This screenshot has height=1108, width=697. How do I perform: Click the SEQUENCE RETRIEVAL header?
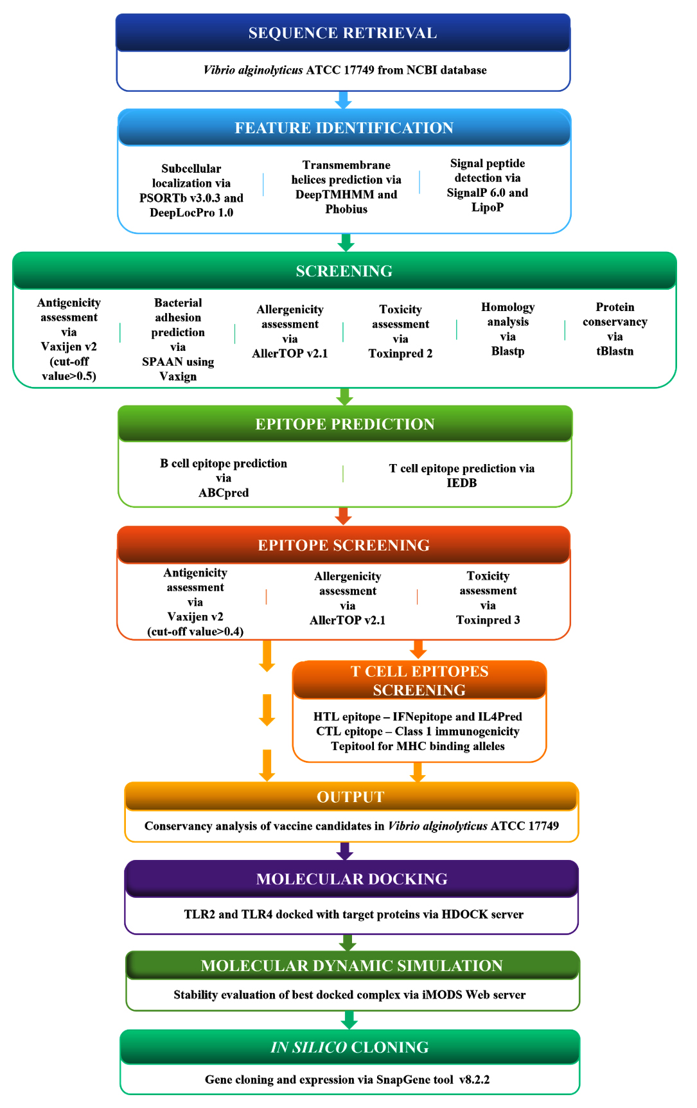(x=343, y=33)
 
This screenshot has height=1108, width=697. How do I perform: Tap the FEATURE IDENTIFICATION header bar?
(x=344, y=127)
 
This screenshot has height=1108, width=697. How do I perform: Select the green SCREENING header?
(x=344, y=271)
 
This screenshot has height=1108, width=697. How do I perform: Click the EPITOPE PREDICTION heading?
(x=345, y=424)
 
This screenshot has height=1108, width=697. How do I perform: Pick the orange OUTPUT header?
(x=351, y=797)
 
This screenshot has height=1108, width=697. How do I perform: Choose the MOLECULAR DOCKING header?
(x=351, y=879)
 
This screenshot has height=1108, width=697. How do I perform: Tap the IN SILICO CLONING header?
(x=350, y=1047)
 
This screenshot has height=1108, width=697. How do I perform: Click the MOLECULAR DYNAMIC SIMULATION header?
(x=352, y=965)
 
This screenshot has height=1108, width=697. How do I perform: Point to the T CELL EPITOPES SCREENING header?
(x=419, y=680)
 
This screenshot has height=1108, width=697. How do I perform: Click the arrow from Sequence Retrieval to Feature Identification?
(x=344, y=100)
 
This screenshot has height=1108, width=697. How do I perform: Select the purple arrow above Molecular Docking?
(x=345, y=851)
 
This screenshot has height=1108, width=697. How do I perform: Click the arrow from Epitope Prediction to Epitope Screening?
(x=343, y=516)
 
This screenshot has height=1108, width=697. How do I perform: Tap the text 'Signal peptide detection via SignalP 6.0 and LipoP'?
(x=488, y=185)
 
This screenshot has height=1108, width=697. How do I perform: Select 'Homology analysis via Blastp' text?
(x=507, y=329)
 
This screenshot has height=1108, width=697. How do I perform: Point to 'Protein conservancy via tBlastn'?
(x=615, y=329)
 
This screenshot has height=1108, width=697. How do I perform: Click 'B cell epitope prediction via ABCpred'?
(x=224, y=478)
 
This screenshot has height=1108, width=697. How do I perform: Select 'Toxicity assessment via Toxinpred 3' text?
(x=488, y=598)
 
